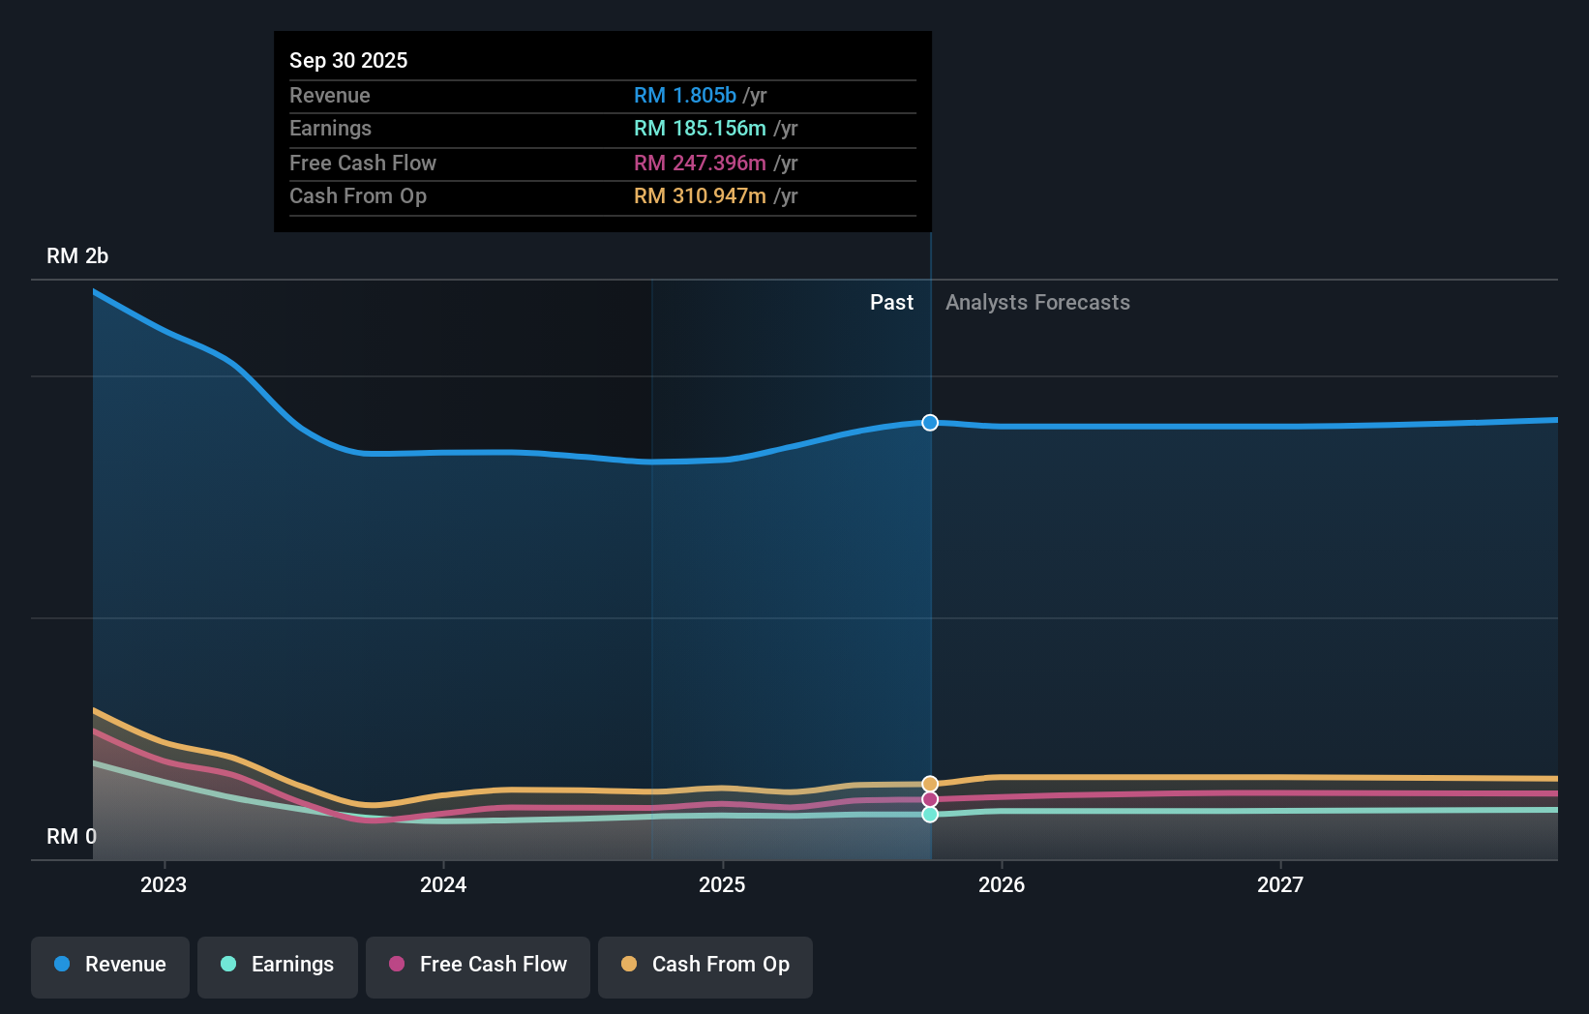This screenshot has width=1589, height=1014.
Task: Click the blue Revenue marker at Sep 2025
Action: coord(930,423)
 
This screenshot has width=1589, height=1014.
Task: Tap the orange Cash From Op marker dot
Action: coord(930,784)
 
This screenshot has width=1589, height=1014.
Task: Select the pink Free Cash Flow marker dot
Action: coord(930,799)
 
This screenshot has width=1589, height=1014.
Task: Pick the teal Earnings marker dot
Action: coord(930,815)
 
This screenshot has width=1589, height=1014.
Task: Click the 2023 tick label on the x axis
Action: coord(164,884)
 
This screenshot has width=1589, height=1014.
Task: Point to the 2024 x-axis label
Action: coord(443,884)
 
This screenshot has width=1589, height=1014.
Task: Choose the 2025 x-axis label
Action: coord(722,884)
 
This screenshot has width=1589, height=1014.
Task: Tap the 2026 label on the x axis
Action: coord(1002,884)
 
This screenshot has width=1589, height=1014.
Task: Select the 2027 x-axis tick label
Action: coord(1280,884)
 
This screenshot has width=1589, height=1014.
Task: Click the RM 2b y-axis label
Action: coord(77,256)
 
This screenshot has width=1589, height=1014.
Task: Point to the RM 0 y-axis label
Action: coord(72,836)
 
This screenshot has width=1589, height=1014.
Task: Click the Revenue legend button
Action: coord(110,965)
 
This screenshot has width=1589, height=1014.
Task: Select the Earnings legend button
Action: coord(278,965)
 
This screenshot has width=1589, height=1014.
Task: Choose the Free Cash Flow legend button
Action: coord(478,965)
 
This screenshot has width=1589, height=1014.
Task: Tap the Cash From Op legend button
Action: coord(705,965)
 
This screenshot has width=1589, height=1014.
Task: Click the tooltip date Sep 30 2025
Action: coord(348,60)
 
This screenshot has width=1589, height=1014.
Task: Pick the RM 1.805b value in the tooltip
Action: coord(685,96)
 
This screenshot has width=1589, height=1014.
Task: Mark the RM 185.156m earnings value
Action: coord(700,129)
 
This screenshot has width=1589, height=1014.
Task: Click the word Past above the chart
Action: coord(891,303)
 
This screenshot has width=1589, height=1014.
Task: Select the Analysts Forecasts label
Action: coord(1037,303)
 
